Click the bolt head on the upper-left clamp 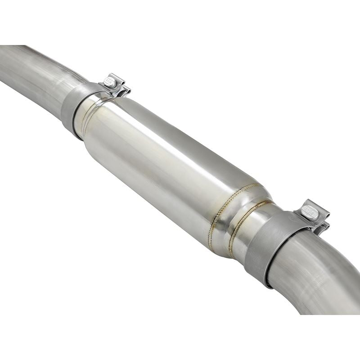click(110, 81)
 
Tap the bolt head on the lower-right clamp click(310, 210)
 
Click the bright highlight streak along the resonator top click(180, 130)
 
